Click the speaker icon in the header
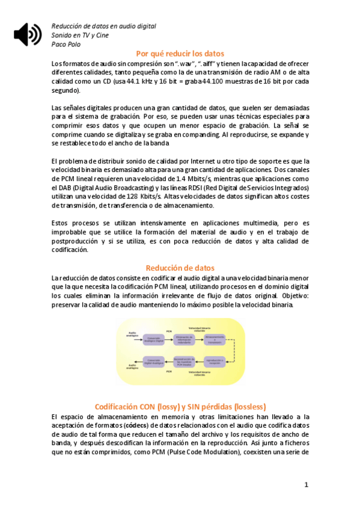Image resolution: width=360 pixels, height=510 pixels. tap(27, 34)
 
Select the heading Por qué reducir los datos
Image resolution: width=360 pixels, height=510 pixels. tap(180, 53)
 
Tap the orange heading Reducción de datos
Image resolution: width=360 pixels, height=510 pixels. tap(180, 268)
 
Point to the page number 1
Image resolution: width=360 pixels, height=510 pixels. tap(306, 484)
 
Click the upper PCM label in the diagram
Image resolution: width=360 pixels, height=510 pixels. tap(169, 331)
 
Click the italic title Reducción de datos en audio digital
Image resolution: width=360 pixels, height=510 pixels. tap(103, 26)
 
